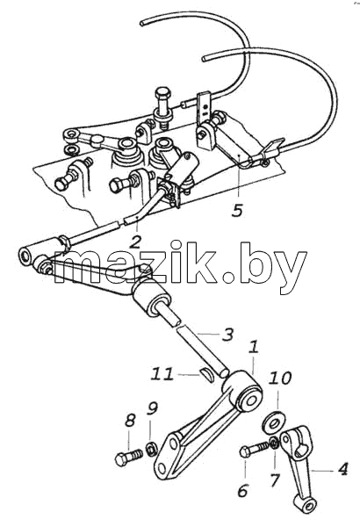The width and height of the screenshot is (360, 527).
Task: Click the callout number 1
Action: [x=254, y=347]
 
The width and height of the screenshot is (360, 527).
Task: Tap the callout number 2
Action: [x=135, y=241]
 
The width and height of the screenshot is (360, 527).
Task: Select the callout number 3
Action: [x=227, y=335]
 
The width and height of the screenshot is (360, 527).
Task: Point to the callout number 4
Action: [x=342, y=469]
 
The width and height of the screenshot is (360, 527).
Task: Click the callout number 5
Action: [x=237, y=210]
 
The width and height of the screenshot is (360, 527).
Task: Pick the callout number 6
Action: [x=242, y=490]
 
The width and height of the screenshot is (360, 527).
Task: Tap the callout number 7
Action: [x=275, y=480]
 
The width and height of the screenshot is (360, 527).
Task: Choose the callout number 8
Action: [x=130, y=420]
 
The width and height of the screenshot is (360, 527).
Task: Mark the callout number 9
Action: [x=152, y=408]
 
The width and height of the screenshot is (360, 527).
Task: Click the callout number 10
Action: [x=279, y=378]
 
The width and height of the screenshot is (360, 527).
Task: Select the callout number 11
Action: [x=162, y=374]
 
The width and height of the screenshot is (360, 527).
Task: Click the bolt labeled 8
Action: [x=128, y=458]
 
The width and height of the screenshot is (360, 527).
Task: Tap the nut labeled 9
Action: [x=152, y=450]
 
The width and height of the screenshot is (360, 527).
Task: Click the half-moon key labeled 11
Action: [x=207, y=374]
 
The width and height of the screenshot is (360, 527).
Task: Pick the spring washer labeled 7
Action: [x=273, y=443]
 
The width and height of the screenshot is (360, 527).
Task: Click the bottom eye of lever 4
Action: [x=306, y=504]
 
